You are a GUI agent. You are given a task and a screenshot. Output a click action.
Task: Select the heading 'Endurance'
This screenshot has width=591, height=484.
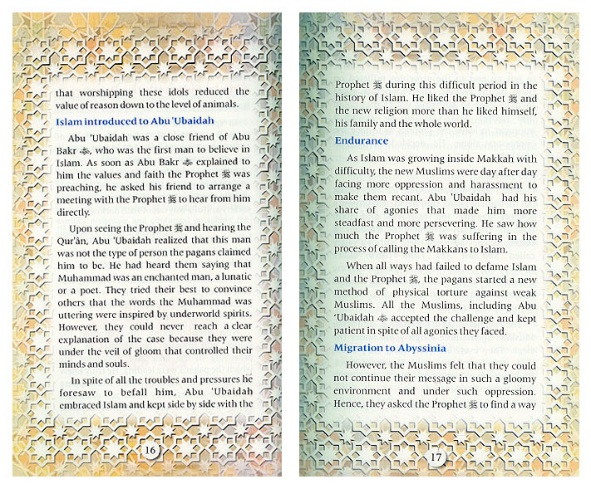[362, 140]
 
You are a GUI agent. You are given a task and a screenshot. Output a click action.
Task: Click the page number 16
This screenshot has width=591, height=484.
[150, 449]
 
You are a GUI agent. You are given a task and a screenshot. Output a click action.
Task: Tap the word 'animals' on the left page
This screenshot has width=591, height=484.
[218, 104]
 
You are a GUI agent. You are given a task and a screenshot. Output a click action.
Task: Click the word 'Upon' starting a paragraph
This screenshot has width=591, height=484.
[83, 227]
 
